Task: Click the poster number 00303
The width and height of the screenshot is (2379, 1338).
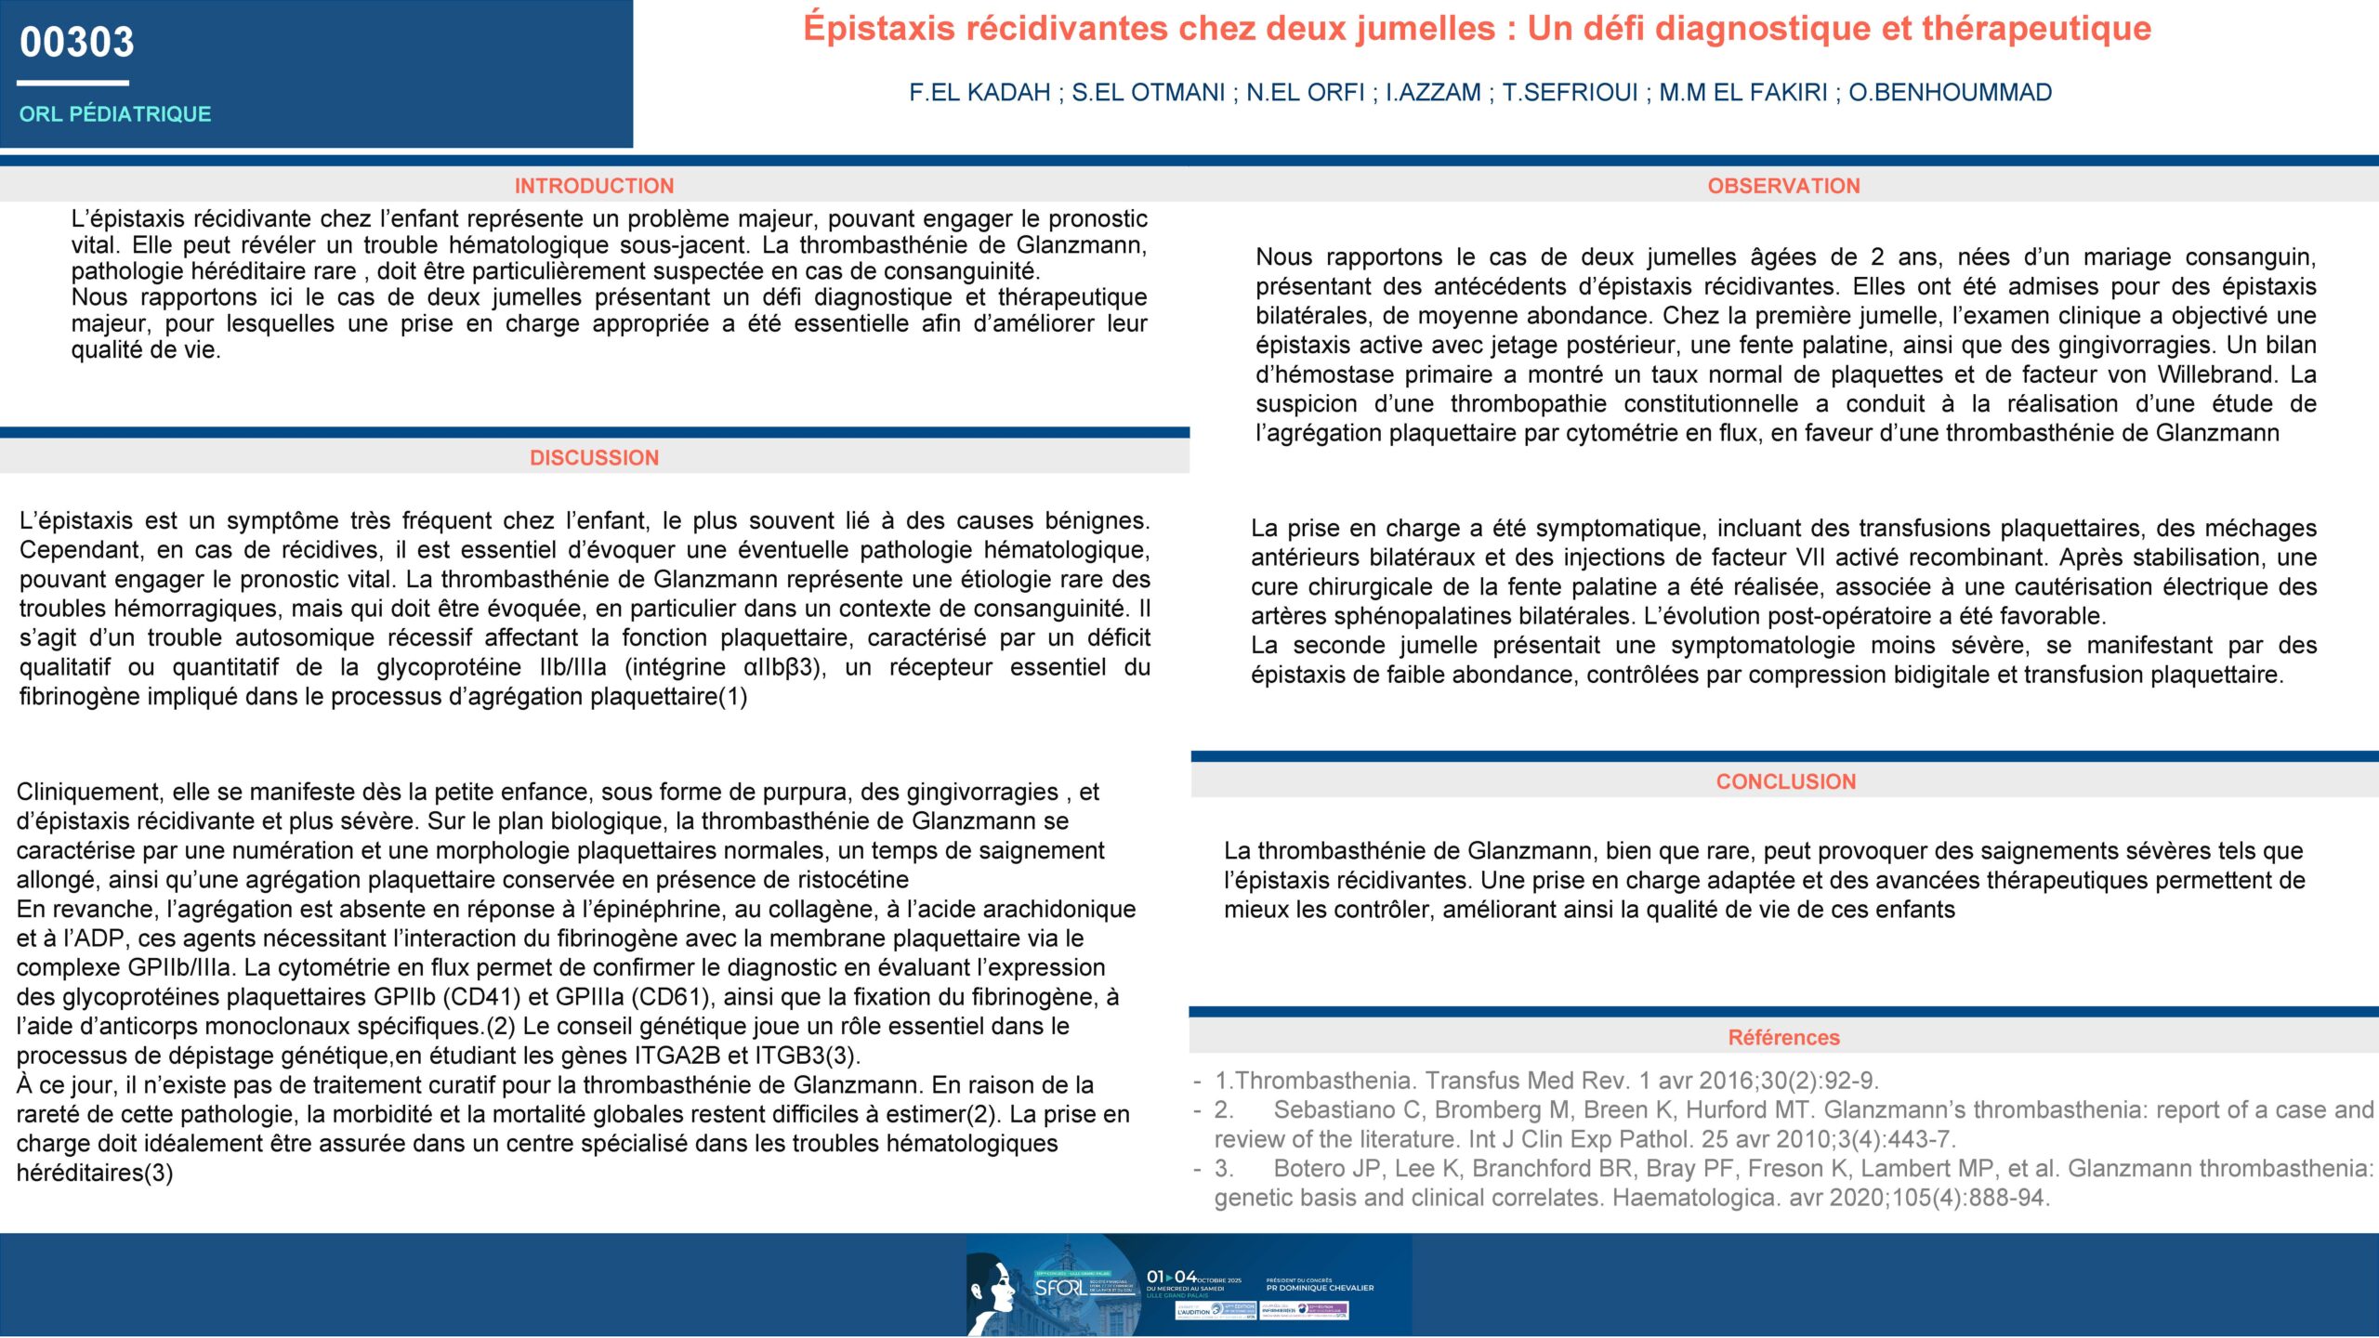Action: click(x=77, y=43)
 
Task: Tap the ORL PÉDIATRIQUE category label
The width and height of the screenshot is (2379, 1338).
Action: click(x=115, y=114)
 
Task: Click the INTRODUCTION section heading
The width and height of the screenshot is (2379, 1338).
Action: click(x=594, y=186)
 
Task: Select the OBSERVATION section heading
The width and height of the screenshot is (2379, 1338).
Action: click(x=1783, y=186)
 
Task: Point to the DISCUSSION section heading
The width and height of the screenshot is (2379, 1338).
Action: click(x=594, y=458)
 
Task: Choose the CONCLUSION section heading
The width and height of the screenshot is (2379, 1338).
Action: click(x=1785, y=782)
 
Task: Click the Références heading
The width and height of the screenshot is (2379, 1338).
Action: click(x=1783, y=1038)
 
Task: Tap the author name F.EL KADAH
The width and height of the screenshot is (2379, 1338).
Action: click(x=979, y=93)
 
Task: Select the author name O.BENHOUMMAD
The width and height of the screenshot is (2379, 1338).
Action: click(x=1950, y=93)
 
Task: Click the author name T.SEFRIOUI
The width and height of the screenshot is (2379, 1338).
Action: click(x=1570, y=93)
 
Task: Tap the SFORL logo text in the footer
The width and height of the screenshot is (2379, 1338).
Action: click(x=1059, y=1288)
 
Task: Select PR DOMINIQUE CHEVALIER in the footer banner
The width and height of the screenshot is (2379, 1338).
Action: click(x=1320, y=1288)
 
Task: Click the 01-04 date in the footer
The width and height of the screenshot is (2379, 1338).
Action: click(x=1171, y=1277)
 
